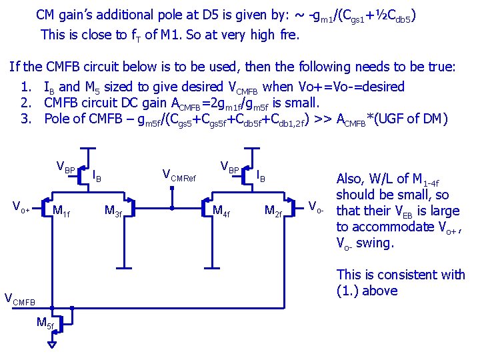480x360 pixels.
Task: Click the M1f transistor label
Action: tap(61, 211)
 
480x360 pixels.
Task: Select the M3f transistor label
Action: tap(113, 211)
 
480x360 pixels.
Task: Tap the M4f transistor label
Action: tap(221, 211)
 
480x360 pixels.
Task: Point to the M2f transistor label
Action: tap(273, 211)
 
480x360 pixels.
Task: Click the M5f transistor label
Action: tap(45, 324)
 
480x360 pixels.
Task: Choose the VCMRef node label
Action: tap(179, 175)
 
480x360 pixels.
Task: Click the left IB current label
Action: tap(96, 176)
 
